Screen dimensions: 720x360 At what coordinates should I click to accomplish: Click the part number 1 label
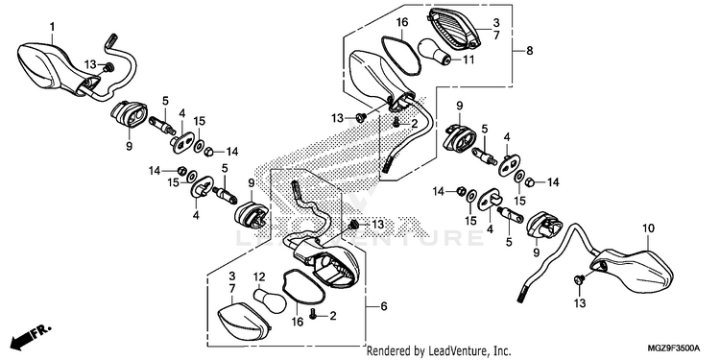[53, 27]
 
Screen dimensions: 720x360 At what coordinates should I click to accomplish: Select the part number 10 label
[648, 228]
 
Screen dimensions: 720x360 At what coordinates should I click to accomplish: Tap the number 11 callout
[468, 60]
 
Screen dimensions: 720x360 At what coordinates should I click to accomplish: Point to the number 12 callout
[260, 276]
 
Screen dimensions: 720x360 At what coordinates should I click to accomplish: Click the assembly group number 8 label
[529, 51]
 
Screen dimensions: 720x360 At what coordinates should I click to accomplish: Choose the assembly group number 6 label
[384, 306]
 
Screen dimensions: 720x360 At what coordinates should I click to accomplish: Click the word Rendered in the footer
[385, 350]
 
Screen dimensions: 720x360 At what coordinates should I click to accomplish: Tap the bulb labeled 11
[434, 52]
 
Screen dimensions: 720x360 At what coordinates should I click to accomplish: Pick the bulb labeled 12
[271, 300]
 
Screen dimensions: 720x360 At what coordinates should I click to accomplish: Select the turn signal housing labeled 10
[633, 271]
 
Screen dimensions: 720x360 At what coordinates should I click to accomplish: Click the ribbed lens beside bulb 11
[455, 29]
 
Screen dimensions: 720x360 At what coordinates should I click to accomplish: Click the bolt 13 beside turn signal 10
[579, 278]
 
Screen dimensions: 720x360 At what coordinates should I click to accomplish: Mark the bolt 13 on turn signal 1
[108, 67]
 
